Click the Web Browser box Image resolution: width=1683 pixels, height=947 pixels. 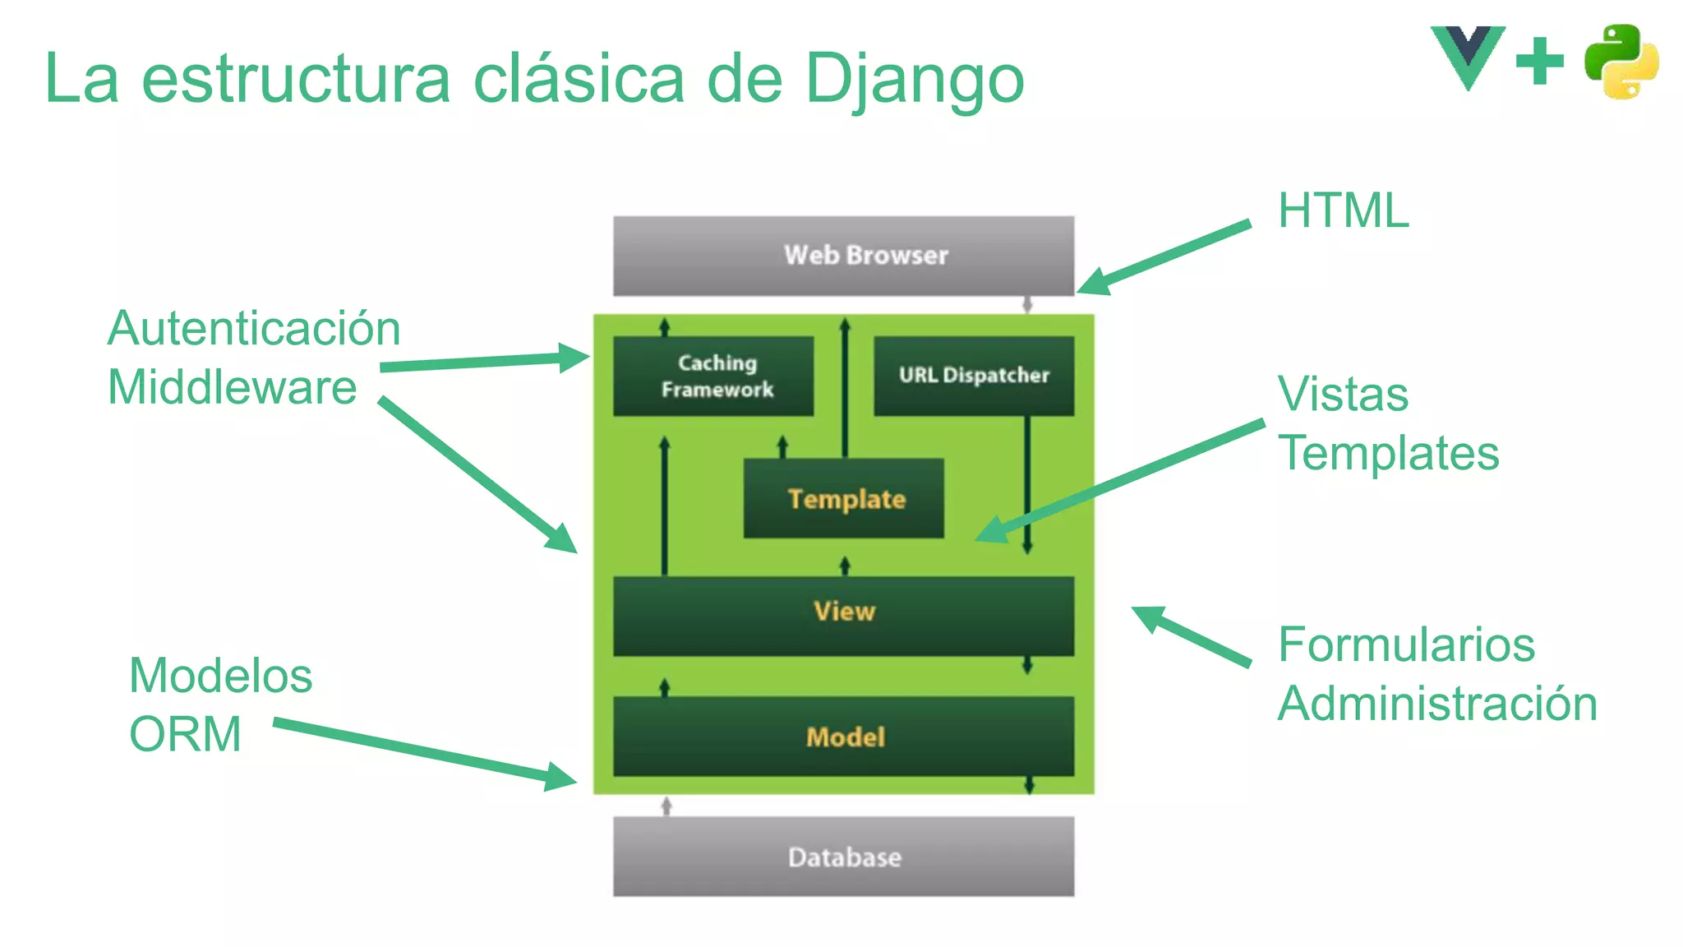point(843,256)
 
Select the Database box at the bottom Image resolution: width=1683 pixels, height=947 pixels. point(843,856)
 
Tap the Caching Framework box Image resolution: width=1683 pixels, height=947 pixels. point(713,376)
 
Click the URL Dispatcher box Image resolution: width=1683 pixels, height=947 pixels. point(974,376)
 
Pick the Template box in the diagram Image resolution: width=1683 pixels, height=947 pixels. point(844,498)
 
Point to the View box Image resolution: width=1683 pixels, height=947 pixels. point(843,615)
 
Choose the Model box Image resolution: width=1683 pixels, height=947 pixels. point(843,736)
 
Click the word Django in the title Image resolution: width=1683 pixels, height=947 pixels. point(914,81)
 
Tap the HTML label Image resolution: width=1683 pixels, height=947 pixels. point(1343,210)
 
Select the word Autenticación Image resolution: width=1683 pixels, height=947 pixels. point(254,329)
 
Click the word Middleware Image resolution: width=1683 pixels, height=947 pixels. point(233,387)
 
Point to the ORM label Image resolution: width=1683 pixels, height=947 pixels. point(186,734)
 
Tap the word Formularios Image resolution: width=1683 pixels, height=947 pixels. point(1406,644)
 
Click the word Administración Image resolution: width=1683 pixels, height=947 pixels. point(1437,704)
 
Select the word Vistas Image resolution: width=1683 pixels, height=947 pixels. point(1343,394)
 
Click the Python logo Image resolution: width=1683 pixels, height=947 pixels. point(1621,62)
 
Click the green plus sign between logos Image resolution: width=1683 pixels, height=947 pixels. point(1539,61)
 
